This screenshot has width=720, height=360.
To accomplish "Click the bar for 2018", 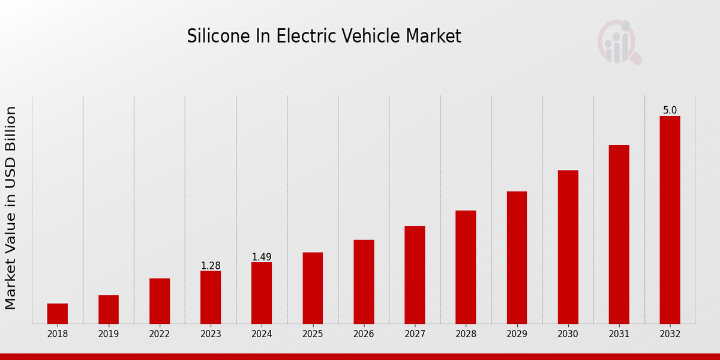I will (x=58, y=314).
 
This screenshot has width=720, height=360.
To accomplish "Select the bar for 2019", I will (x=109, y=310).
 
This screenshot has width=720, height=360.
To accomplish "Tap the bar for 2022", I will (x=160, y=301).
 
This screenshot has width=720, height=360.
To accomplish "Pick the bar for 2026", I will (x=364, y=282).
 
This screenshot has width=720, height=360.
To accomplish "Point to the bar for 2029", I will (x=517, y=258).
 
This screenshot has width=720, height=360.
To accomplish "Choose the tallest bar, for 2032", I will (x=670, y=220).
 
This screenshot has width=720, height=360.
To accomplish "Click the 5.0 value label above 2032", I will (x=670, y=110).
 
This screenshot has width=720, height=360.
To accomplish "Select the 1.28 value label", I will (x=211, y=266).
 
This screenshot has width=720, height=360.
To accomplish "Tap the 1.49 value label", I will (x=262, y=257).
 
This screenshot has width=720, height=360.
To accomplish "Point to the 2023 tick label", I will (x=211, y=334).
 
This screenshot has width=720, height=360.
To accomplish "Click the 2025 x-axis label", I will (x=313, y=334).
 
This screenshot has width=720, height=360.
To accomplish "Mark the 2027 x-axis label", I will (x=415, y=334).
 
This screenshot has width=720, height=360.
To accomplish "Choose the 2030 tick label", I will (x=568, y=334).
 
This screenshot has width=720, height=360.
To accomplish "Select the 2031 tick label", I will (x=619, y=334).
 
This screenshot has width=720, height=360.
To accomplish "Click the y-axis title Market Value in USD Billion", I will (x=11, y=208).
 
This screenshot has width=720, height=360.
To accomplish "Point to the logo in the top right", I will (x=619, y=42).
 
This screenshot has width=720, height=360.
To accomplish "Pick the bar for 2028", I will (x=466, y=267).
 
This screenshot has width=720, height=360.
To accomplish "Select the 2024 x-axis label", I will (x=262, y=334).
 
